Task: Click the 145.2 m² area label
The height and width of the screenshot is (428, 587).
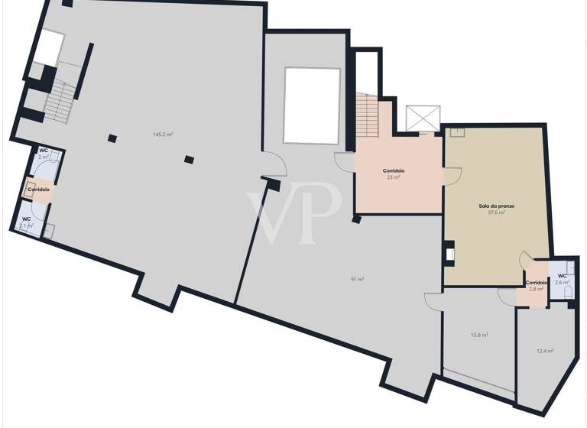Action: (x=162, y=134)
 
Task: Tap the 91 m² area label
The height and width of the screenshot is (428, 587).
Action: (x=357, y=280)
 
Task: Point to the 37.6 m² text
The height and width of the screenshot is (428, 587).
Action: (x=496, y=212)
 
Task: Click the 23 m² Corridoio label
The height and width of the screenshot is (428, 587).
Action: (x=394, y=173)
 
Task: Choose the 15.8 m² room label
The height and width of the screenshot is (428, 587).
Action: (x=479, y=335)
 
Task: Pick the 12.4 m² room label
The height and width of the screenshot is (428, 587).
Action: (x=545, y=351)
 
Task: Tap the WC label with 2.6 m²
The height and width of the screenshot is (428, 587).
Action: (x=562, y=279)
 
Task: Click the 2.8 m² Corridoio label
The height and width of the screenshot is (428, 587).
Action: (x=535, y=286)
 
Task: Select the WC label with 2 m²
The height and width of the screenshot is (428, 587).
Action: (x=44, y=154)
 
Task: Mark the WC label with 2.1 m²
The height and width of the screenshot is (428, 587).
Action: (x=26, y=222)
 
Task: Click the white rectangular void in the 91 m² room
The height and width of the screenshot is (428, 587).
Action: (x=312, y=105)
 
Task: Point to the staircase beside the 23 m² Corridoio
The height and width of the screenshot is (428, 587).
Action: (x=368, y=115)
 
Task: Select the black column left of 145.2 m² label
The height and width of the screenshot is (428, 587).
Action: (x=112, y=138)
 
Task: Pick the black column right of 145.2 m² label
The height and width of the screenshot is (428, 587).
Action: (x=189, y=159)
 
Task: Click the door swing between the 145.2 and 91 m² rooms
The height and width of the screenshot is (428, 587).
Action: (x=274, y=163)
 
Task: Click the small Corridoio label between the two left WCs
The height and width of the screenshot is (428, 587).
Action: (x=39, y=189)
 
